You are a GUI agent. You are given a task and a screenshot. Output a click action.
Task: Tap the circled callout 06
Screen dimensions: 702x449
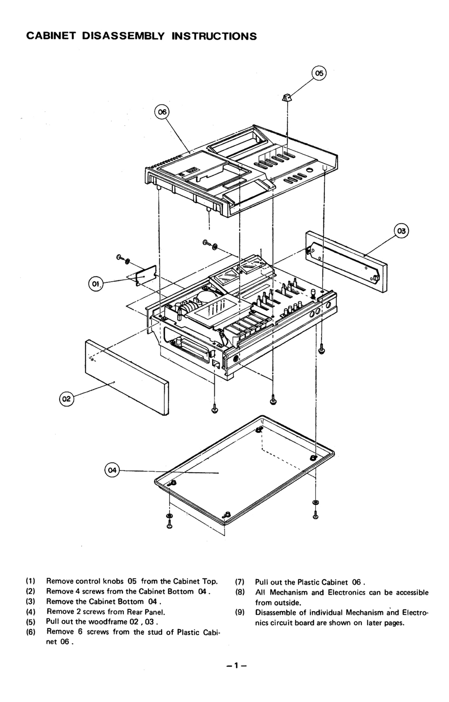pyautogui.click(x=162, y=112)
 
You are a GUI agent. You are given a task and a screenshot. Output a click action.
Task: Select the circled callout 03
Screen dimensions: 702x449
pyautogui.click(x=401, y=231)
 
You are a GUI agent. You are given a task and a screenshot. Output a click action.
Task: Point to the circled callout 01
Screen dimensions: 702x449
pyautogui.click(x=95, y=283)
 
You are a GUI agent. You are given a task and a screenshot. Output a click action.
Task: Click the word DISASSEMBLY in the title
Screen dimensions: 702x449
pyautogui.click(x=123, y=36)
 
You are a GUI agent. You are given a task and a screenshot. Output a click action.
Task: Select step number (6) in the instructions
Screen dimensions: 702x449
pyautogui.click(x=30, y=632)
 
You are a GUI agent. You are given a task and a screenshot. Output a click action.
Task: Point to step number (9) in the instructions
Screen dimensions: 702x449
pyautogui.click(x=240, y=613)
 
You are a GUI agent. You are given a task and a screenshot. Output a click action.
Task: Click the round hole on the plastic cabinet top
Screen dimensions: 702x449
pyautogui.click(x=309, y=171)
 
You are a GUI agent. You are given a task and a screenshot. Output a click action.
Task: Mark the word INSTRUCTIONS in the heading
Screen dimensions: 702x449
pyautogui.click(x=214, y=36)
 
